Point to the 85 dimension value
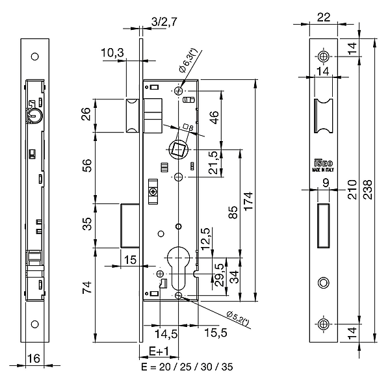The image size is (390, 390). pos(234,213)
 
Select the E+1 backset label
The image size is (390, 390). pos(159,351)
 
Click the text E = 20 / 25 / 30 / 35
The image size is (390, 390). pos(187,367)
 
